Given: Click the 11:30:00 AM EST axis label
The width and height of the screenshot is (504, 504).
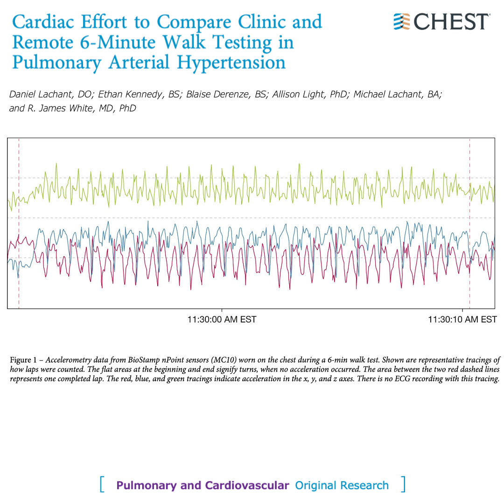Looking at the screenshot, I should click(222, 320).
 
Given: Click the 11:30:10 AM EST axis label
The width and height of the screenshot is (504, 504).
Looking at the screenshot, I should click(462, 320).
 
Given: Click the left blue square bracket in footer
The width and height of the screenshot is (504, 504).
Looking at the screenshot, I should click(101, 484).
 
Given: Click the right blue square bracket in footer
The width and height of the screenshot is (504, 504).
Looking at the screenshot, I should click(403, 484).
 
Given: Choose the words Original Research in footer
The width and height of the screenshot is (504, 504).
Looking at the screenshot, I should click(342, 485).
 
